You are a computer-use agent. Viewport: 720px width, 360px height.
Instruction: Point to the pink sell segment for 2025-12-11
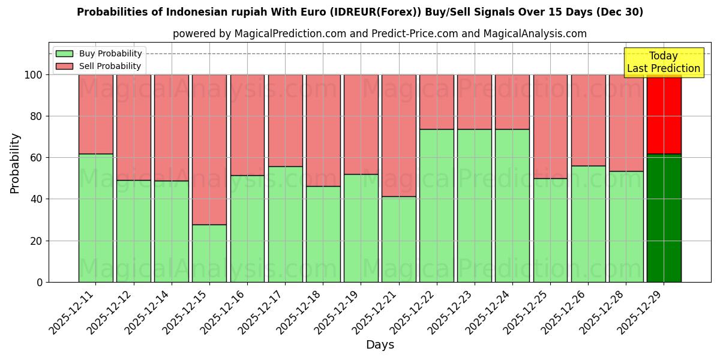(x=96, y=114)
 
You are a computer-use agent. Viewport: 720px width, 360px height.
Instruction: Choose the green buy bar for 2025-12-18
(x=323, y=234)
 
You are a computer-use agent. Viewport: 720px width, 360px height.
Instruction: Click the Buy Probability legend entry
(x=98, y=53)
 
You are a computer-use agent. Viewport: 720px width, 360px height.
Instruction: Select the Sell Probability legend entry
(x=98, y=66)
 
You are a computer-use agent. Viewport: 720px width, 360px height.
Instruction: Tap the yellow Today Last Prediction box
(x=664, y=62)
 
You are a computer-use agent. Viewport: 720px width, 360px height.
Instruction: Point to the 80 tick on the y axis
(x=37, y=116)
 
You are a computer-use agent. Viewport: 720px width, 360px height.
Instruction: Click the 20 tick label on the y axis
(x=37, y=241)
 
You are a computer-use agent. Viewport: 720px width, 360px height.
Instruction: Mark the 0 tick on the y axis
(x=40, y=282)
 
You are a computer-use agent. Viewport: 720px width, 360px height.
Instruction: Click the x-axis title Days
(x=380, y=345)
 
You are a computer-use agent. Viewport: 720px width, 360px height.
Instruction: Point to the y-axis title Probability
(x=15, y=163)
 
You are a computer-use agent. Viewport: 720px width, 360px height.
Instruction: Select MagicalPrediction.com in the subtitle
(x=290, y=34)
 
